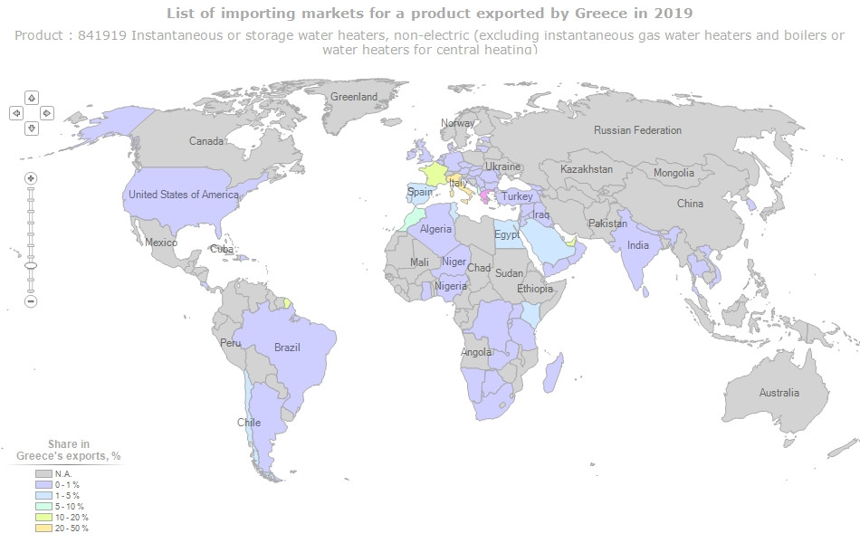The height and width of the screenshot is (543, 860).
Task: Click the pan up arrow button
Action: point(31,98)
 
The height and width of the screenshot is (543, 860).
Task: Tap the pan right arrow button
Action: point(47,113)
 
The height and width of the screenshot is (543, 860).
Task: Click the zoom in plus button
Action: point(31,178)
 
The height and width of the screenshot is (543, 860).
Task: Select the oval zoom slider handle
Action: point(31,266)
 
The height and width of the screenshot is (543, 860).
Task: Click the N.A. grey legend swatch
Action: point(43,473)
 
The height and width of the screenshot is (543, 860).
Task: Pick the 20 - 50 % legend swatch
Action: point(43,528)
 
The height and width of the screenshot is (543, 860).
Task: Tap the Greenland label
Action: point(353,97)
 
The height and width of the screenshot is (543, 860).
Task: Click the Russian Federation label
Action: point(637,130)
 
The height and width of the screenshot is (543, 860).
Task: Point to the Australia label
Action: point(779,393)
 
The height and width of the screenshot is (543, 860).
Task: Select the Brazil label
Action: point(287,348)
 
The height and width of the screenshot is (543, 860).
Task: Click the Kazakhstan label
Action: point(586,169)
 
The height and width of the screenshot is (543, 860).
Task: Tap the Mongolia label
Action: point(674,173)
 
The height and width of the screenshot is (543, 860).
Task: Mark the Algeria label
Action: point(435,230)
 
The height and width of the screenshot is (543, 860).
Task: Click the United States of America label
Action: point(183,195)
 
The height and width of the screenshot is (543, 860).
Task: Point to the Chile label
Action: point(248,423)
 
